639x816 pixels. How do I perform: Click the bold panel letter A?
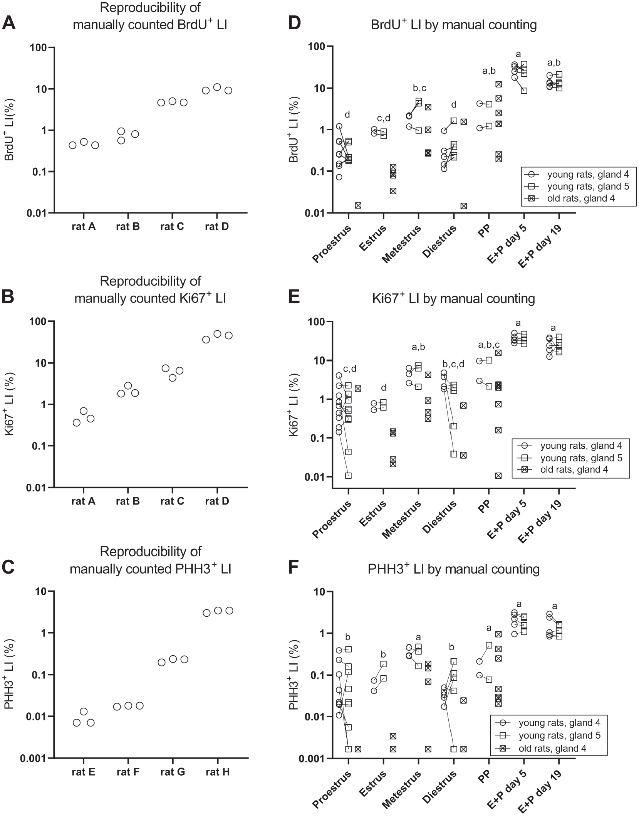click(x=9, y=24)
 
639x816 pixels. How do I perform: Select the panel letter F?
click(x=294, y=569)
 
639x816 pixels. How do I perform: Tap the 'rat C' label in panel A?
click(x=172, y=226)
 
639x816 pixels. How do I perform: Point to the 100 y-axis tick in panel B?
click(x=40, y=321)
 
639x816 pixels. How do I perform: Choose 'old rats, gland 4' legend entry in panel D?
click(x=581, y=198)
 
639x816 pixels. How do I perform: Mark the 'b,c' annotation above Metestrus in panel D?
click(x=419, y=88)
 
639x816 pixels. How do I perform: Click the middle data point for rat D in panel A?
click(x=217, y=87)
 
